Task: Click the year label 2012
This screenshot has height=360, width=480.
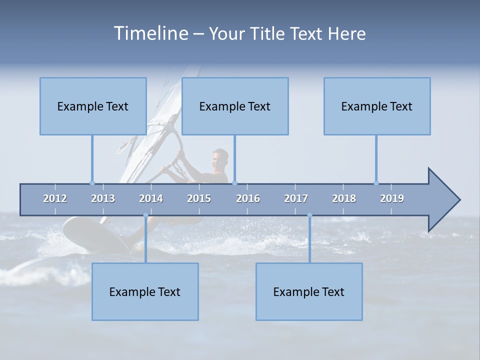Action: point(55,198)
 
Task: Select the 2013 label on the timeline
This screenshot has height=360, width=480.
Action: point(103,198)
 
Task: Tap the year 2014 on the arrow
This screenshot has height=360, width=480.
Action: point(151,198)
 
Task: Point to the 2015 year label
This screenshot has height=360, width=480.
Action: point(199,198)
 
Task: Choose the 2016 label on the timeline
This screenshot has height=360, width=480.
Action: point(248,198)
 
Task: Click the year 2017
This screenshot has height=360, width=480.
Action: point(296,198)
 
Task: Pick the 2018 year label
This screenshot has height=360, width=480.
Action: point(344,198)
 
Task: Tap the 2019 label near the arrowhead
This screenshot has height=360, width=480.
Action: point(392,198)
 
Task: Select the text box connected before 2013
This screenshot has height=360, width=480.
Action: point(93,106)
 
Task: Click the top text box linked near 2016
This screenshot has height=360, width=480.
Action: point(235,106)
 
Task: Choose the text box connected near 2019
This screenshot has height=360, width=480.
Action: point(377,106)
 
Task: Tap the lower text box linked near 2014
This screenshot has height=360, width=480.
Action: point(145,291)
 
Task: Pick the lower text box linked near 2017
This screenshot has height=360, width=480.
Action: point(309,291)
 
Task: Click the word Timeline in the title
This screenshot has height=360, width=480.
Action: point(150,33)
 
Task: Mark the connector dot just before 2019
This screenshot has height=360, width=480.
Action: point(376,183)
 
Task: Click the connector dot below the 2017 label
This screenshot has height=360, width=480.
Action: point(309,215)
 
